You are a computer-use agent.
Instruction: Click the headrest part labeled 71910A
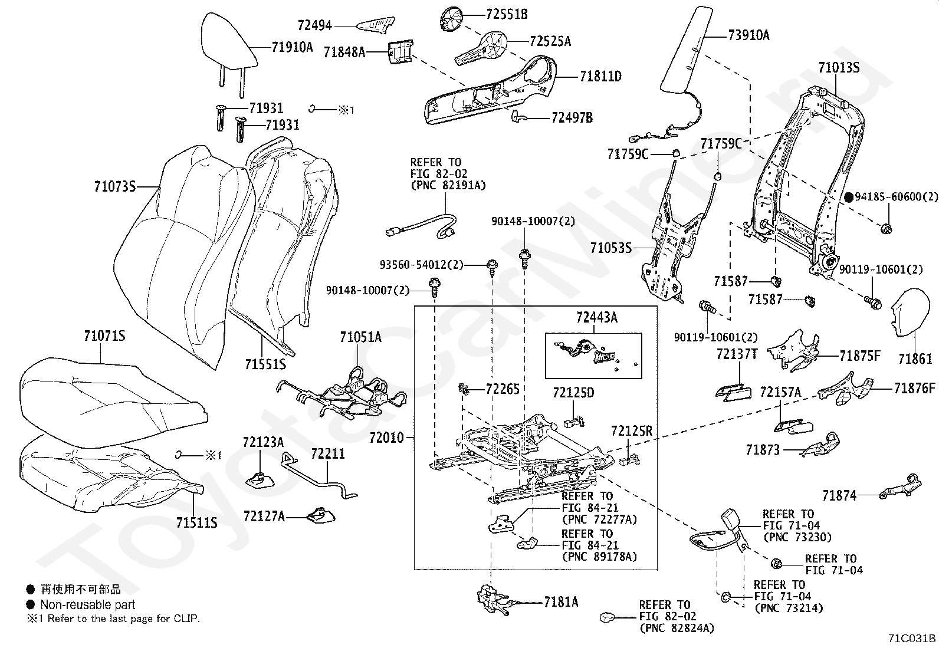point(229,41)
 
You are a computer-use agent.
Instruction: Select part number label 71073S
point(114,187)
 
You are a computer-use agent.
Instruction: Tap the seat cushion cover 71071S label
point(104,336)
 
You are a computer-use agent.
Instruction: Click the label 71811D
point(600,76)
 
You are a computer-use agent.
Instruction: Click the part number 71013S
point(838,68)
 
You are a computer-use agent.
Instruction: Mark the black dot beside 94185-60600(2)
point(849,197)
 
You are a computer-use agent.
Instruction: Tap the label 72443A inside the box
point(596,317)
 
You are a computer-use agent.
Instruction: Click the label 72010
point(386,438)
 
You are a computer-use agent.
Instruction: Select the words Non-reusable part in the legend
point(88,604)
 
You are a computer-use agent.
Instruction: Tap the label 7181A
point(560,601)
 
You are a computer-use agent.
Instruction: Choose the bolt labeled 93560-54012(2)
point(490,267)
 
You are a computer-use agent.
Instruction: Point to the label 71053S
point(611,248)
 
